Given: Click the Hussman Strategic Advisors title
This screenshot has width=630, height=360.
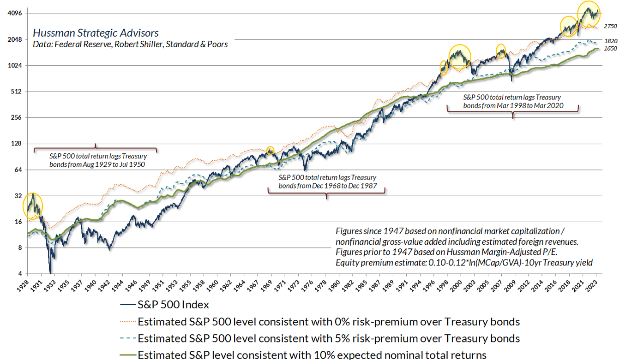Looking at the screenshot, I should [96, 33].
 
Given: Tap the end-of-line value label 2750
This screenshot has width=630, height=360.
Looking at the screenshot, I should [610, 26].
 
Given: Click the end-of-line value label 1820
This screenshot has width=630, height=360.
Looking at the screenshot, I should [610, 41].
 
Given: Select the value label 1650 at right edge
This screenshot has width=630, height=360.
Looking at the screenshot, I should [610, 50].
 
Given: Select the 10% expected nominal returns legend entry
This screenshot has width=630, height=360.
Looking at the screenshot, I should [312, 354].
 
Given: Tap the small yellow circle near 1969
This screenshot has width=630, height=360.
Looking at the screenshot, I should [270, 150].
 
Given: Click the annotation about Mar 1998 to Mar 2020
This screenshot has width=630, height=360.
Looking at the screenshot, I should [512, 102].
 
